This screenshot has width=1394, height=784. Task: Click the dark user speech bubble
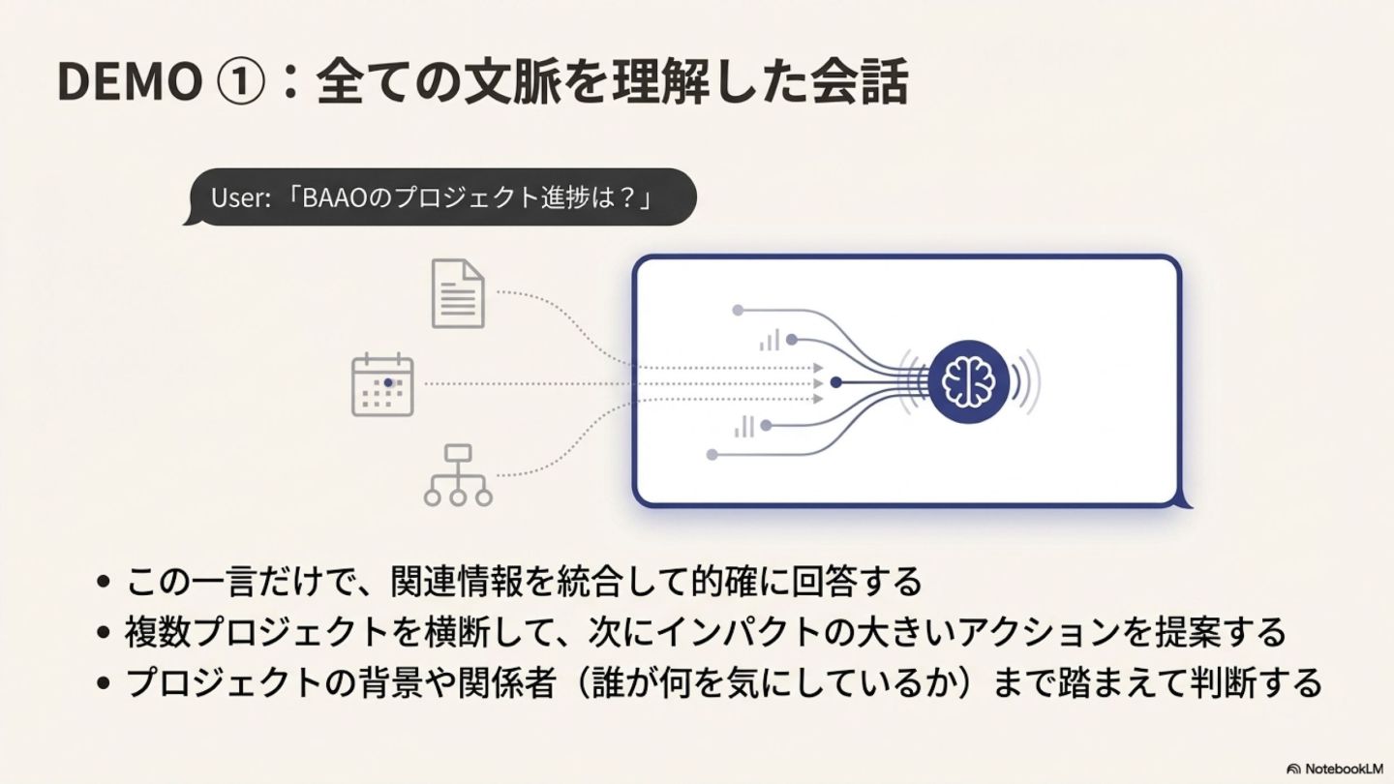[x=440, y=197]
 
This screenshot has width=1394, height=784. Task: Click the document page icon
[x=458, y=293]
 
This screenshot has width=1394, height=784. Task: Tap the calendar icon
[x=382, y=385]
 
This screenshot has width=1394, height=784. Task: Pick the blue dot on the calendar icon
[x=388, y=382]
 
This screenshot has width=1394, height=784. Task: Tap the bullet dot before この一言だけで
[x=105, y=583]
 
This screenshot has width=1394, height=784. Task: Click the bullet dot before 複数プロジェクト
[x=105, y=633]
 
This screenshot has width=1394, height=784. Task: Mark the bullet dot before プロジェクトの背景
[x=105, y=683]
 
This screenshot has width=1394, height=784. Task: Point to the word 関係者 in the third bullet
[x=523, y=682]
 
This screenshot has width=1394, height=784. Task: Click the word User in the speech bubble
[x=236, y=198]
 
